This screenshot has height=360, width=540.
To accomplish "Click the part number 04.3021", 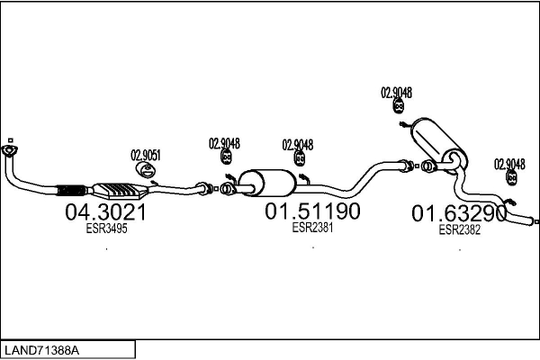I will click(x=105, y=212).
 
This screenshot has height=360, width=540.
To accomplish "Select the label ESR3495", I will click(x=105, y=229).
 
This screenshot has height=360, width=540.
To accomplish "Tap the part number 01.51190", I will click(x=312, y=211).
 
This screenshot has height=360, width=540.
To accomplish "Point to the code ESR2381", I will click(x=312, y=228).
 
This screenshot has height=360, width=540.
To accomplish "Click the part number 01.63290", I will click(x=459, y=214).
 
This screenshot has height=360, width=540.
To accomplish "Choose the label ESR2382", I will click(x=459, y=229).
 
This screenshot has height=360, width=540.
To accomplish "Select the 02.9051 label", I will click(x=147, y=153).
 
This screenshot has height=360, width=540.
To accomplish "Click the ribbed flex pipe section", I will click(x=72, y=190).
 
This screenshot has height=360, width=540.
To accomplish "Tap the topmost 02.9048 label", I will click(x=396, y=92).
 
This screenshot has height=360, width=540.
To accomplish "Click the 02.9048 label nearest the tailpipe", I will click(x=509, y=163).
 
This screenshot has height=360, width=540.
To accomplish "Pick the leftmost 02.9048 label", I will click(x=224, y=141).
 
